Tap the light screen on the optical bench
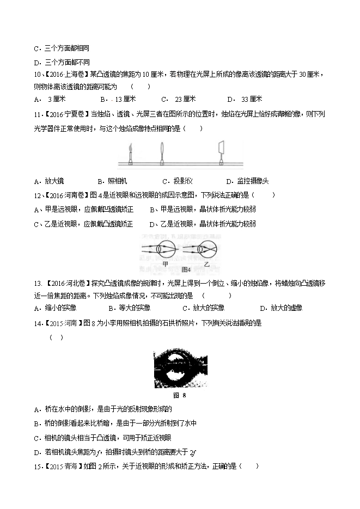(x=221, y=149)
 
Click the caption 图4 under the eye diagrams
(x=185, y=269)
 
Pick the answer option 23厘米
(x=180, y=99)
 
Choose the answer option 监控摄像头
(x=247, y=181)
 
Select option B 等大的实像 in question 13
(x=119, y=308)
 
